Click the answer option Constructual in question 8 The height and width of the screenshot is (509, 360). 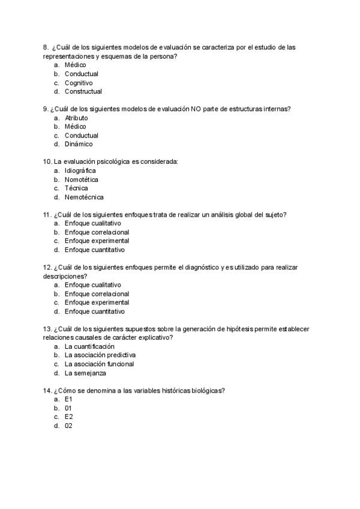(x=83, y=91)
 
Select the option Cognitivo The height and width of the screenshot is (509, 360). (x=79, y=83)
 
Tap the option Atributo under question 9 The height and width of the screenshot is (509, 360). (x=76, y=118)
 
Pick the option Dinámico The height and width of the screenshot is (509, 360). (x=79, y=144)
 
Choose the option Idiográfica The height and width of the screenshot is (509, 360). (x=80, y=170)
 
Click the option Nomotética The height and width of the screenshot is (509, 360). (x=82, y=179)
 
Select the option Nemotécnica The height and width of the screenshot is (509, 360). (x=84, y=197)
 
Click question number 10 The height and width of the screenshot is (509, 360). (x=47, y=161)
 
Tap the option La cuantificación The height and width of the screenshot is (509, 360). (x=89, y=346)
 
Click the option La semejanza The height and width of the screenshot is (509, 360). (x=85, y=373)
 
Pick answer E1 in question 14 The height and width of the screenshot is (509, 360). (x=68, y=399)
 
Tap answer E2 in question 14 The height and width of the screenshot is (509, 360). (x=68, y=417)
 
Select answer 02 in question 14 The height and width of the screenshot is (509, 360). (x=68, y=426)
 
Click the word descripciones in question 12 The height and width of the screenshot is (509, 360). (x=64, y=276)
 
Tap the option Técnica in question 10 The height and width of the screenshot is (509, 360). (x=76, y=188)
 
